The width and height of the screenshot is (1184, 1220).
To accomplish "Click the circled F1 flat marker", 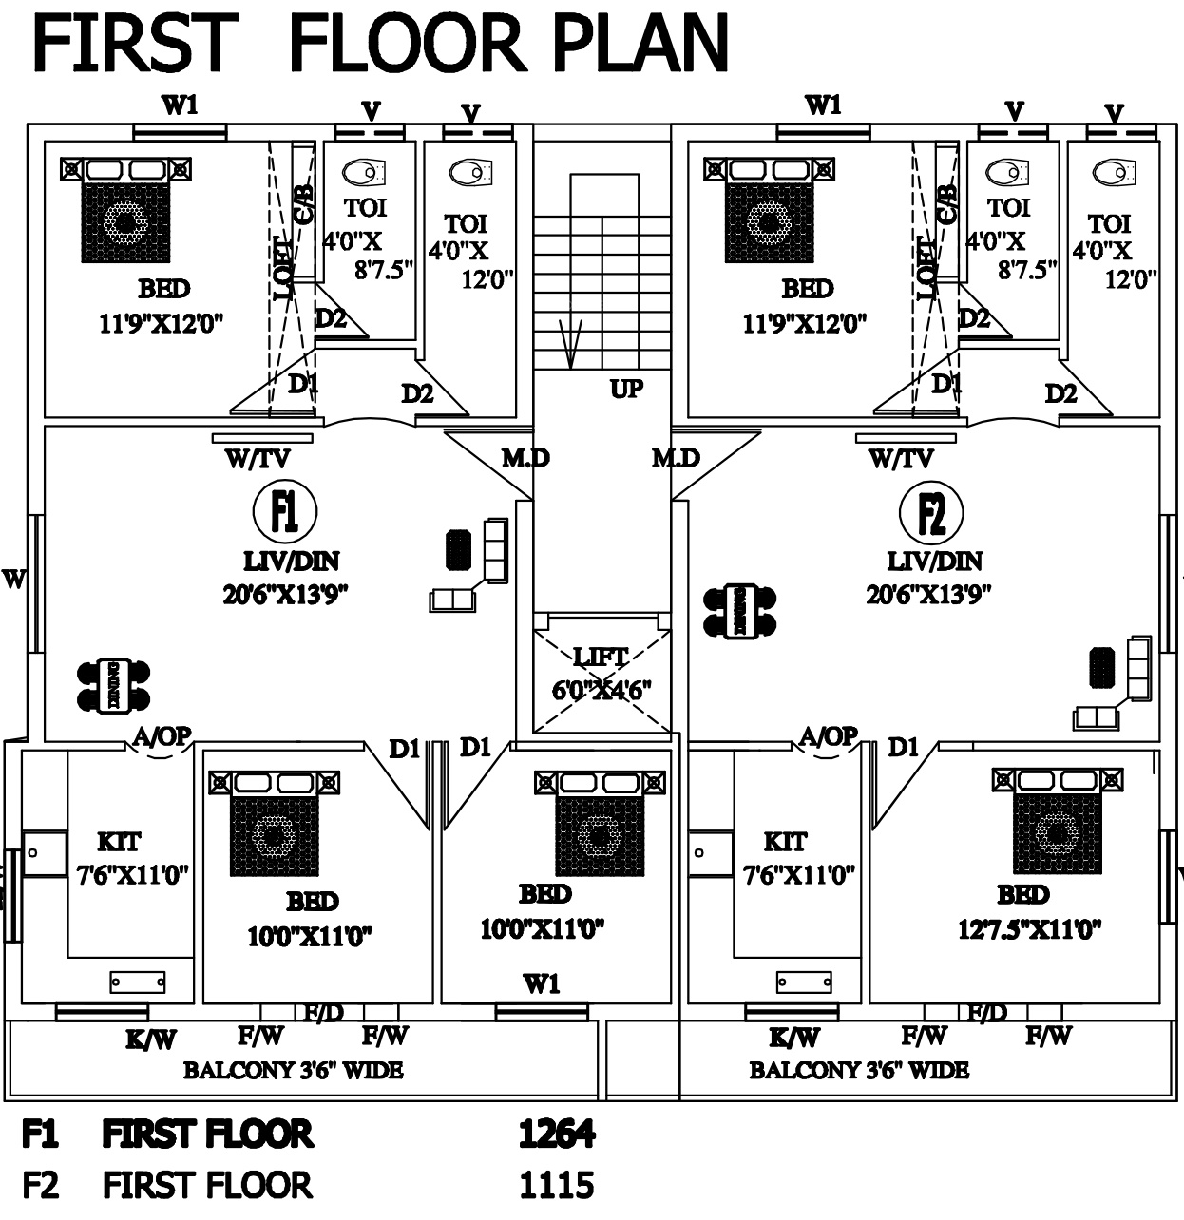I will [285, 511].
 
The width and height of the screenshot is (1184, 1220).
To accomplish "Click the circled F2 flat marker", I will [930, 513].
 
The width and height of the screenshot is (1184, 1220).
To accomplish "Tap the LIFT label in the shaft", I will [601, 657].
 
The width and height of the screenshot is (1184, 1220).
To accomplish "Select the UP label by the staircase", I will [626, 388].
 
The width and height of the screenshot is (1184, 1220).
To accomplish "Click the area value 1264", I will [557, 1134].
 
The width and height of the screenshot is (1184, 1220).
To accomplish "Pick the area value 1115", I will [557, 1185].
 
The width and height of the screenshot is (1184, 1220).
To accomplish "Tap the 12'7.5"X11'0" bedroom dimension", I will [1029, 928].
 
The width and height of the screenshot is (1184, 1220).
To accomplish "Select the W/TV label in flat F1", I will [258, 460].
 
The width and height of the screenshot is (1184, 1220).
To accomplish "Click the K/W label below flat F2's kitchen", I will [794, 1039].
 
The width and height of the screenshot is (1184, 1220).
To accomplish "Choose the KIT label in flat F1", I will [119, 842].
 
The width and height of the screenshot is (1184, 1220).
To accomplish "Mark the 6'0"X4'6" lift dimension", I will [602, 690].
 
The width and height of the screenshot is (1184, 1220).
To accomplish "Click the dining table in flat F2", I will [739, 611].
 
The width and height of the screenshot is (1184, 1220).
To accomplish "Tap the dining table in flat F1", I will [113, 685].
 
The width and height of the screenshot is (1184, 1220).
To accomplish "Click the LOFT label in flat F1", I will [284, 268].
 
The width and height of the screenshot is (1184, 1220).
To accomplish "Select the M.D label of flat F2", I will [676, 459].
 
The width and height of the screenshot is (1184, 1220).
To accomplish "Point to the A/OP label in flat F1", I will [162, 735].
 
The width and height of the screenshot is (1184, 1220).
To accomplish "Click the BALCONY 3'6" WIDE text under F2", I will [859, 1071].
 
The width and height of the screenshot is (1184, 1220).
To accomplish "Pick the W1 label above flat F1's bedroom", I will [180, 105].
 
